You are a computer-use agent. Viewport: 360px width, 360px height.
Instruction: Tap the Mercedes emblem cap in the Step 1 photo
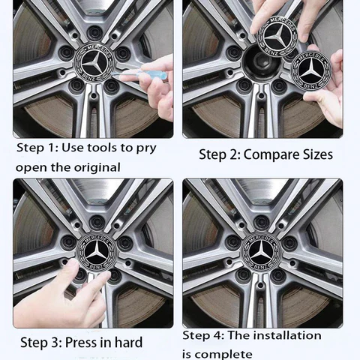[94, 63]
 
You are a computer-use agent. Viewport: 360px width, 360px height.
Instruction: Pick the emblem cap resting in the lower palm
[311, 70]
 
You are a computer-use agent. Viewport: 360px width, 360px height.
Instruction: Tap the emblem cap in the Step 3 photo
[97, 253]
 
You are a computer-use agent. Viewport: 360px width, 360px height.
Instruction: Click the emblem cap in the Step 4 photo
[262, 252]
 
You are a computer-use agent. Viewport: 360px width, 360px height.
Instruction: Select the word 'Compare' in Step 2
[271, 154]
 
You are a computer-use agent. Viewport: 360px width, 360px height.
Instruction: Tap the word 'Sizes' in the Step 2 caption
[318, 154]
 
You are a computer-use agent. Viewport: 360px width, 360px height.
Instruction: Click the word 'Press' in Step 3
[80, 342]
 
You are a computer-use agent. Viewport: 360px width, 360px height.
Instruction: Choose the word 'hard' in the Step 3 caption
[129, 342]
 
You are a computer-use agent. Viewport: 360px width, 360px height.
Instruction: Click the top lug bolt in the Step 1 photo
[94, 32]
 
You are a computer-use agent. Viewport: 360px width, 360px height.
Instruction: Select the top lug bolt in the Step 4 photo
[261, 221]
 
